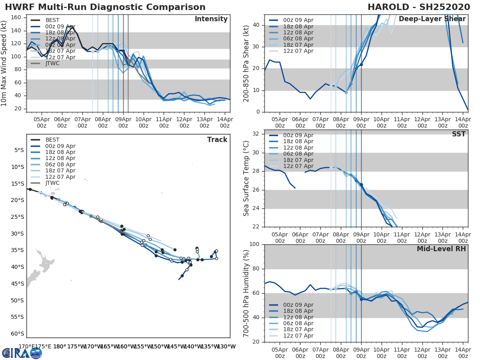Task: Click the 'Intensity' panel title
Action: (x=211, y=19)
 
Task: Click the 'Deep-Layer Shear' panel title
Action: (x=432, y=19)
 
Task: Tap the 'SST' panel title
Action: (x=459, y=134)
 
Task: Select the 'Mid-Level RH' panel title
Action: (x=441, y=249)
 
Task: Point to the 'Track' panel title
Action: (x=217, y=140)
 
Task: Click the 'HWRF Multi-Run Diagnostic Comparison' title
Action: (x=105, y=7)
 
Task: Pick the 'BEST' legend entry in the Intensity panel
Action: (x=52, y=20)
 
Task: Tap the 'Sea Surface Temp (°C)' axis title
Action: (x=246, y=178)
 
